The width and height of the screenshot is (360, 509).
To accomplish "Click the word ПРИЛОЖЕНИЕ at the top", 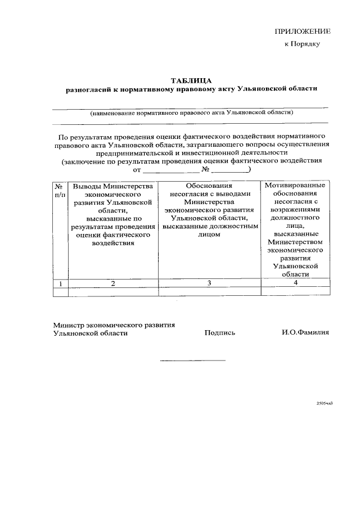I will [302, 31].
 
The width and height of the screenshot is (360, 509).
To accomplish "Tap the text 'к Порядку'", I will [302, 44].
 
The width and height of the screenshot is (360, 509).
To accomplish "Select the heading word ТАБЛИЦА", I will [191, 80].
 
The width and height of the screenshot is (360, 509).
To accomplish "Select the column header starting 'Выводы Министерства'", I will [113, 214].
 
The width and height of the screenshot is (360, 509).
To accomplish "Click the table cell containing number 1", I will [60, 283].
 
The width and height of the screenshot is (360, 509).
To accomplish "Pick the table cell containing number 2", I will [113, 283].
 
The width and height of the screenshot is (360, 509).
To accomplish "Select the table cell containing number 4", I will [295, 283].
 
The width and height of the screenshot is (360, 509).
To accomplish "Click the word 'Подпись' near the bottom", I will [220, 333].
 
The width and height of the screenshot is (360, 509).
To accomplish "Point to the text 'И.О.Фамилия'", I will [305, 333].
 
